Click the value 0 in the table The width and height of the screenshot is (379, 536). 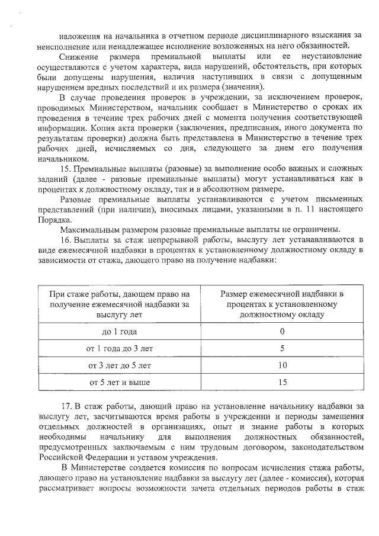282,331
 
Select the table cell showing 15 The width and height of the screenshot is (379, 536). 282,383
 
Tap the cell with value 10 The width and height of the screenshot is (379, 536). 282,365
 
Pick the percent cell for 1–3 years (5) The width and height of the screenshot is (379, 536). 282,348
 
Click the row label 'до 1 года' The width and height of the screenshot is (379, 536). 120,331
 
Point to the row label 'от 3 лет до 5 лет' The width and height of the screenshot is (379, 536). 120,365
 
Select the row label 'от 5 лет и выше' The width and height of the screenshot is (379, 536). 120,383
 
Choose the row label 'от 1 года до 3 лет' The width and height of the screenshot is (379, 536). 120,348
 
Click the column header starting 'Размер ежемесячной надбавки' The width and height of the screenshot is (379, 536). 282,304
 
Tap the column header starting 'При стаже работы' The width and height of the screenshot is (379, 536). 120,304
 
